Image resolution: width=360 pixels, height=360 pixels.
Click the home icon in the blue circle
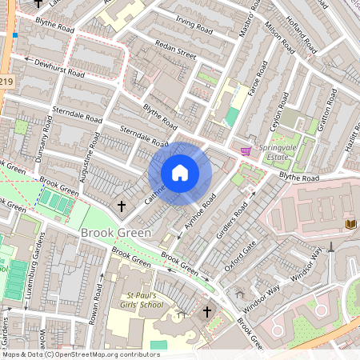[x=180, y=173]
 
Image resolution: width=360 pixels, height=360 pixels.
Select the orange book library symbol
[x=350, y=224]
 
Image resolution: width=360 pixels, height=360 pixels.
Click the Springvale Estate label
[x=277, y=152]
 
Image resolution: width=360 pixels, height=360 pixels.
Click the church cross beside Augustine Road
[x=122, y=206]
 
